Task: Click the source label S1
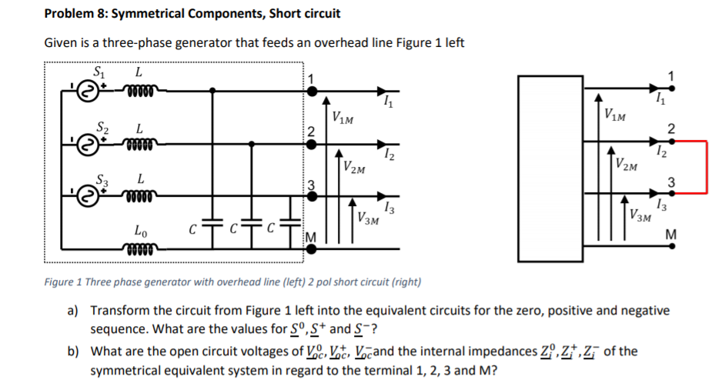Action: click(x=99, y=72)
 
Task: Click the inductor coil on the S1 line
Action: click(x=139, y=92)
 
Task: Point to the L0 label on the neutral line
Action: click(x=142, y=229)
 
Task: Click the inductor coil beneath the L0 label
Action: click(x=139, y=248)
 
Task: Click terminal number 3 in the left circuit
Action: click(x=311, y=183)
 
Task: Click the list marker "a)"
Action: click(x=74, y=311)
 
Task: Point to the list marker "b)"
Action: click(x=74, y=351)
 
